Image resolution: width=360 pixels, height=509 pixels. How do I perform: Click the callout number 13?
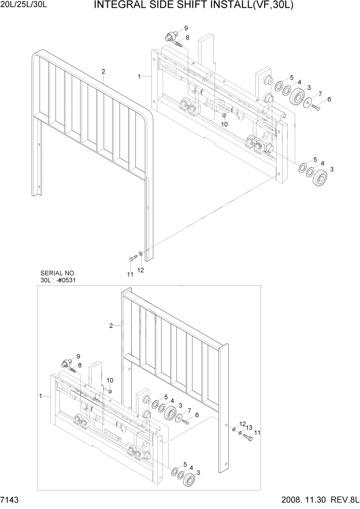248,427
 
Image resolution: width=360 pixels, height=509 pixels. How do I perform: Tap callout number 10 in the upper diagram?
224,124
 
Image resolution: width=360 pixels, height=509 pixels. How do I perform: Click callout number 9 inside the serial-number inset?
78,356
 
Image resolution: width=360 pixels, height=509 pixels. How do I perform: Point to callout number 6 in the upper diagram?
329,99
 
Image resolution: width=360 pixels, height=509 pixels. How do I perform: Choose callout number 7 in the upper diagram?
320,93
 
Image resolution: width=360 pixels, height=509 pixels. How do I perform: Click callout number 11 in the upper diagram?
130,275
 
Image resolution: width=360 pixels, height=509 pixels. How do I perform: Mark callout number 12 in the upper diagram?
141,270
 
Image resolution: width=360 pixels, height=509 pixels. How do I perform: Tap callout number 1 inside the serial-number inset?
41,396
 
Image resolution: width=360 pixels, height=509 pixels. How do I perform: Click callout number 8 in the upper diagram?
188,37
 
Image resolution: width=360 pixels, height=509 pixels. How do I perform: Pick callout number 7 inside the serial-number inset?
189,411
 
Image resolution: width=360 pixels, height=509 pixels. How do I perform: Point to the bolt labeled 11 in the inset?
248,438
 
